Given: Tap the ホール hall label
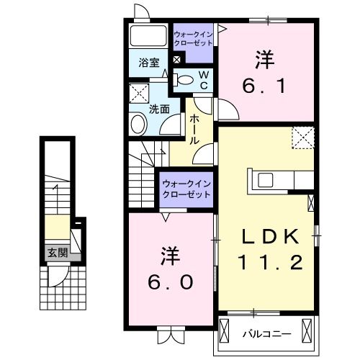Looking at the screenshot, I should point(194,132).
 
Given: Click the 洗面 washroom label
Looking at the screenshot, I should point(159,109).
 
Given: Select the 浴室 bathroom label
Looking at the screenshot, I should point(148,63).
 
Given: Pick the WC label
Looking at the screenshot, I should point(204,80).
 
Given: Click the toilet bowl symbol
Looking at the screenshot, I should point(184,80).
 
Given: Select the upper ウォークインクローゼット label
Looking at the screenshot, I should point(193,38).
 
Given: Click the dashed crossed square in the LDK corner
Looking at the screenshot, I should point(303,137).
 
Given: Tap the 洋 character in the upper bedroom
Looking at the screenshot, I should point(265,58).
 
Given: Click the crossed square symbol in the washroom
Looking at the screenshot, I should point(138,93).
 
